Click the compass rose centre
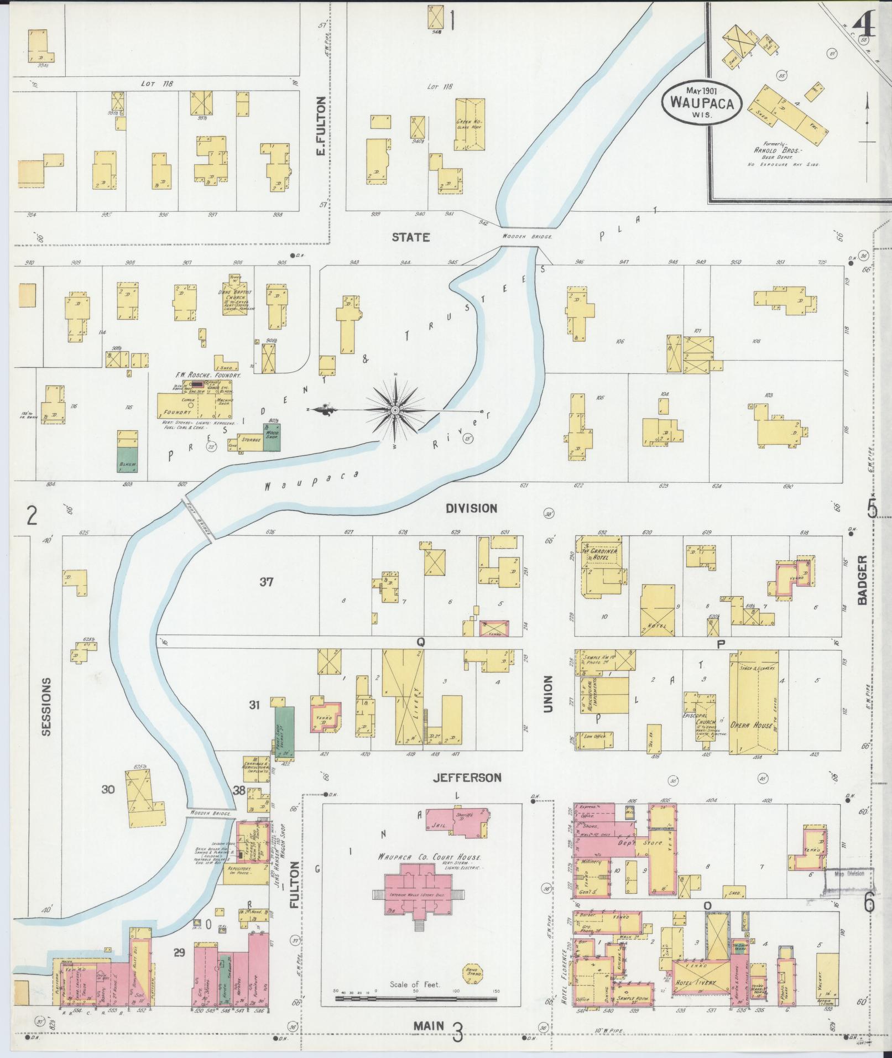tap(395, 410)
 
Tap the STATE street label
tap(410, 237)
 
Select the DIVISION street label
tap(472, 508)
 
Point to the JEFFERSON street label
tap(467, 777)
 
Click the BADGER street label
tap(863, 581)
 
